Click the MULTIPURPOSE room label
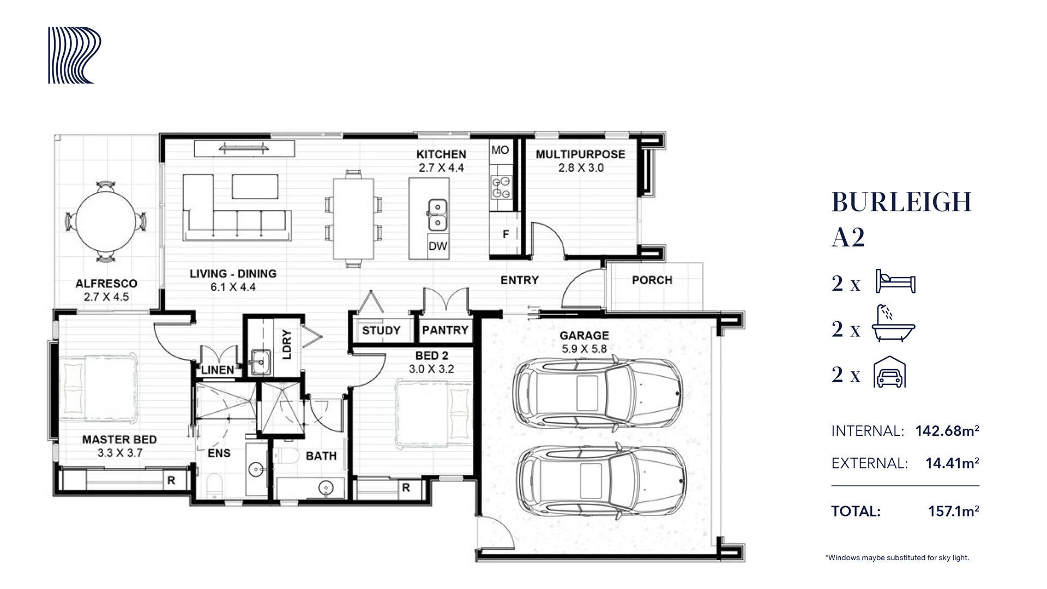(580, 154)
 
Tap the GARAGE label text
(584, 335)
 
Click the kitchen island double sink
(437, 215)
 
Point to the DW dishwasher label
(437, 246)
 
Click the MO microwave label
(500, 150)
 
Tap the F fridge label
(506, 235)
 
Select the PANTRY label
(445, 330)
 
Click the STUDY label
(381, 330)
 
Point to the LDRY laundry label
(287, 345)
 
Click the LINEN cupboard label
(218, 370)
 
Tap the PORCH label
(652, 280)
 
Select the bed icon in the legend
(895, 281)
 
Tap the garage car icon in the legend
(890, 372)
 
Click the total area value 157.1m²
(954, 512)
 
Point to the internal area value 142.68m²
(947, 431)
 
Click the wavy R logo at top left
(75, 56)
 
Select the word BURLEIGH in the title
(902, 202)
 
